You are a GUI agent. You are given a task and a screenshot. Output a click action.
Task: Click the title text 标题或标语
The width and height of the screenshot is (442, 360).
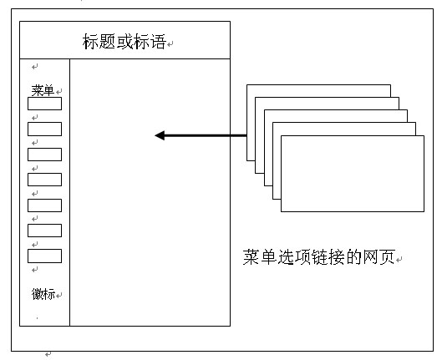124,42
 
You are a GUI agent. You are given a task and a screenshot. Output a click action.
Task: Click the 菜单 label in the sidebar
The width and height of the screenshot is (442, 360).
43,90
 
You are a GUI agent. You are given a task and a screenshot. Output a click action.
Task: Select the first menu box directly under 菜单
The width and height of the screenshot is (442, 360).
44,104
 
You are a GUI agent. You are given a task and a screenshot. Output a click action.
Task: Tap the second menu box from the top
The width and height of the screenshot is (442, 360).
44,129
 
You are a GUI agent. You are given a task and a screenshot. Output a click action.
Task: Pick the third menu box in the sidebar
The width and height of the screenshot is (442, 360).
44,155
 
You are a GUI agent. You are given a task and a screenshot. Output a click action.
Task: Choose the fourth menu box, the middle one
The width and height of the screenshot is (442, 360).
44,180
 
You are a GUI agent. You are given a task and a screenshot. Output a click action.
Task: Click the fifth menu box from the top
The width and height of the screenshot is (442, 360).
44,205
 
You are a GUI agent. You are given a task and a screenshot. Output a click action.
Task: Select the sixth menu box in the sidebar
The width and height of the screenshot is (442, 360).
44,231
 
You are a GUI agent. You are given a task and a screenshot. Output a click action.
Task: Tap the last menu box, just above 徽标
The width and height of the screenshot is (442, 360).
44,256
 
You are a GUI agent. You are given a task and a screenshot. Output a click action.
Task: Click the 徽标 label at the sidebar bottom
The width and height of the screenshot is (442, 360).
43,294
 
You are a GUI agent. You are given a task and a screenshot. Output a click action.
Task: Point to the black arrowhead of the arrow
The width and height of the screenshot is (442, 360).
160,135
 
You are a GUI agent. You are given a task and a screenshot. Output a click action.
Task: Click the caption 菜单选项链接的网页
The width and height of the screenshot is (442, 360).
319,257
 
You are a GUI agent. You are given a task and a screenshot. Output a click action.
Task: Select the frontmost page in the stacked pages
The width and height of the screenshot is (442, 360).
353,174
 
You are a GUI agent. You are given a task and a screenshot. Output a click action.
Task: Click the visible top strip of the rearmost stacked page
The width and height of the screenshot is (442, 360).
319,91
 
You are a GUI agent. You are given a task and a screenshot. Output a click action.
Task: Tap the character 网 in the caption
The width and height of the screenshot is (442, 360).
370,257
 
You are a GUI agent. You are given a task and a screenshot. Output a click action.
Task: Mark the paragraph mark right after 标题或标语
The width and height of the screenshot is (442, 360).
170,44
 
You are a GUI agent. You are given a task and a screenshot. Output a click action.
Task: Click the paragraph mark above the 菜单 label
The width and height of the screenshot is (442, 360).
34,67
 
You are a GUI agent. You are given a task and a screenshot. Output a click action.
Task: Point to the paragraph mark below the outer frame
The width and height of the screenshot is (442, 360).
48,354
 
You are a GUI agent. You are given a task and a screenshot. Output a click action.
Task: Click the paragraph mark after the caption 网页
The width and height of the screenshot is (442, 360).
399,260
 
